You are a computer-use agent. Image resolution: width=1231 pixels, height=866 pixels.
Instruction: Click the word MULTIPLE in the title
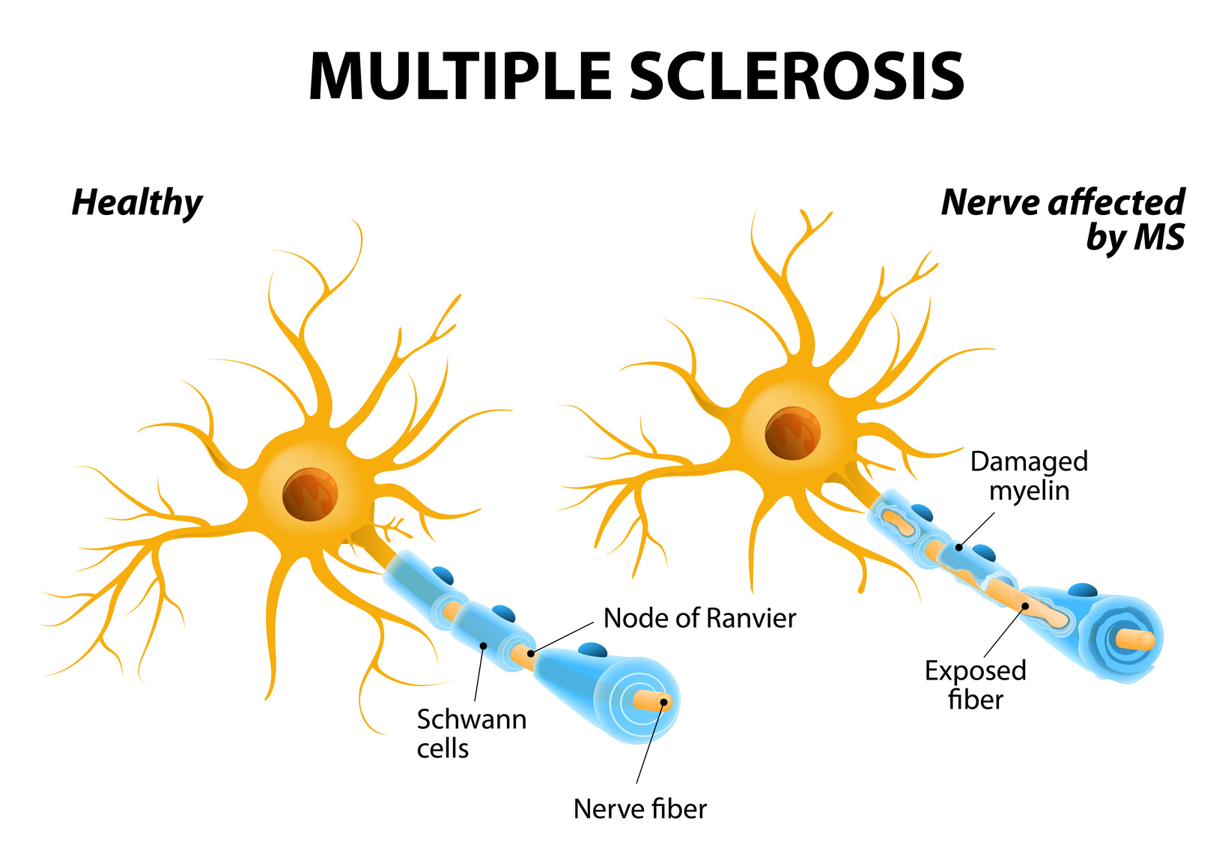[460, 76]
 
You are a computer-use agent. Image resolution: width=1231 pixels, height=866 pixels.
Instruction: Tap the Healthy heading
[137, 203]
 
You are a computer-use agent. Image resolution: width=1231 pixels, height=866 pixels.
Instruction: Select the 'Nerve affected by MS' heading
[1063, 219]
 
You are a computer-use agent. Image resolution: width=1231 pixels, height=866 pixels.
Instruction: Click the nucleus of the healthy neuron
[310, 494]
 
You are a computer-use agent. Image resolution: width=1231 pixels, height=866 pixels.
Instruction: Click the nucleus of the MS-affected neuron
[792, 434]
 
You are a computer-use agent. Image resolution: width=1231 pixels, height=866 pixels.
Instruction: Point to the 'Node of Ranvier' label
[699, 618]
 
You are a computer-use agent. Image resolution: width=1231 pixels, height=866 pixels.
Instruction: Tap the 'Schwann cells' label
[471, 733]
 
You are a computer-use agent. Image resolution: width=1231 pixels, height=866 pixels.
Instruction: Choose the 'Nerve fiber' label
[639, 808]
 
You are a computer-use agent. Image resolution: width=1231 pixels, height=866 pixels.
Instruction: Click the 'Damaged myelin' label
[1029, 476]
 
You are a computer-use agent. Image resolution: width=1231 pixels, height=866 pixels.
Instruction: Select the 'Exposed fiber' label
[975, 685]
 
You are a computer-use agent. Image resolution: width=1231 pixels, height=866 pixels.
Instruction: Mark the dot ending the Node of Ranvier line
[530, 654]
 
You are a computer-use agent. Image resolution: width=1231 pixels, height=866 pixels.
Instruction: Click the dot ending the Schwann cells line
[484, 645]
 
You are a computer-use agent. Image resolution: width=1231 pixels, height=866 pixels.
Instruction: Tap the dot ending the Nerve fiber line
[663, 703]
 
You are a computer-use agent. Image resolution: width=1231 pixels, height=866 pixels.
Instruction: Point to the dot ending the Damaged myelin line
[959, 548]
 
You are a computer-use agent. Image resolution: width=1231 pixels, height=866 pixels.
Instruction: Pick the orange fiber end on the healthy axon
[651, 701]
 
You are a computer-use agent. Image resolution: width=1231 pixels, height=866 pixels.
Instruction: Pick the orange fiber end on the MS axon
[1136, 640]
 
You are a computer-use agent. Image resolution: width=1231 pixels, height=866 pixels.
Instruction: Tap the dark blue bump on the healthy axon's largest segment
[593, 649]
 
